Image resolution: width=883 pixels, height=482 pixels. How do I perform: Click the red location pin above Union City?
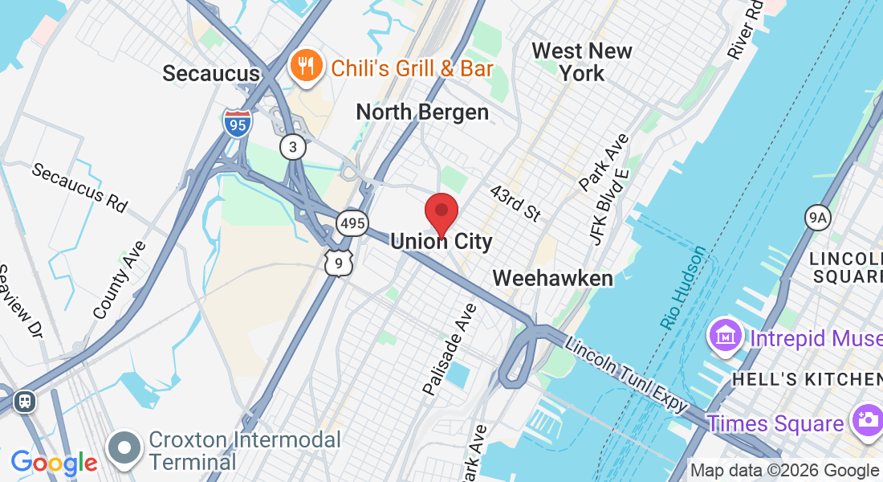[441, 212]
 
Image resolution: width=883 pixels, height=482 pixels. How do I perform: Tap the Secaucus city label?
[211, 73]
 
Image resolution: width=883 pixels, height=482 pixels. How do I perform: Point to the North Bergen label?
[422, 112]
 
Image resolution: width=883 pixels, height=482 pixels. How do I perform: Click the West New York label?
[582, 62]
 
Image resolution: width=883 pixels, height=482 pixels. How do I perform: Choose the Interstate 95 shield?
[238, 124]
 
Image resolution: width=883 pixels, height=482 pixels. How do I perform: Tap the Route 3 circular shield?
[293, 146]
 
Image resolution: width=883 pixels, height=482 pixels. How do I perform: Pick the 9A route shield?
[817, 217]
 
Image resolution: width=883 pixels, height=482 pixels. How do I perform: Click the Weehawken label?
[552, 278]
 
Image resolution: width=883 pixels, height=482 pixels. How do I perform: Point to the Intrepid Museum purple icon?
[725, 335]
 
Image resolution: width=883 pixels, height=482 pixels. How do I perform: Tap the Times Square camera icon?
[866, 420]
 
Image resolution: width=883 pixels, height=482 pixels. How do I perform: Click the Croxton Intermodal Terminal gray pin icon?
[125, 448]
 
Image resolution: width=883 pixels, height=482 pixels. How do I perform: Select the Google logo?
[54, 463]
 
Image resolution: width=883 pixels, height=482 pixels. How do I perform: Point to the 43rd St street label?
[515, 204]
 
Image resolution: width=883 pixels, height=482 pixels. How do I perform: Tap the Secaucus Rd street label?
[79, 187]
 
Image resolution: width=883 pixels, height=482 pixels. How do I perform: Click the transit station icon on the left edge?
[26, 401]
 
